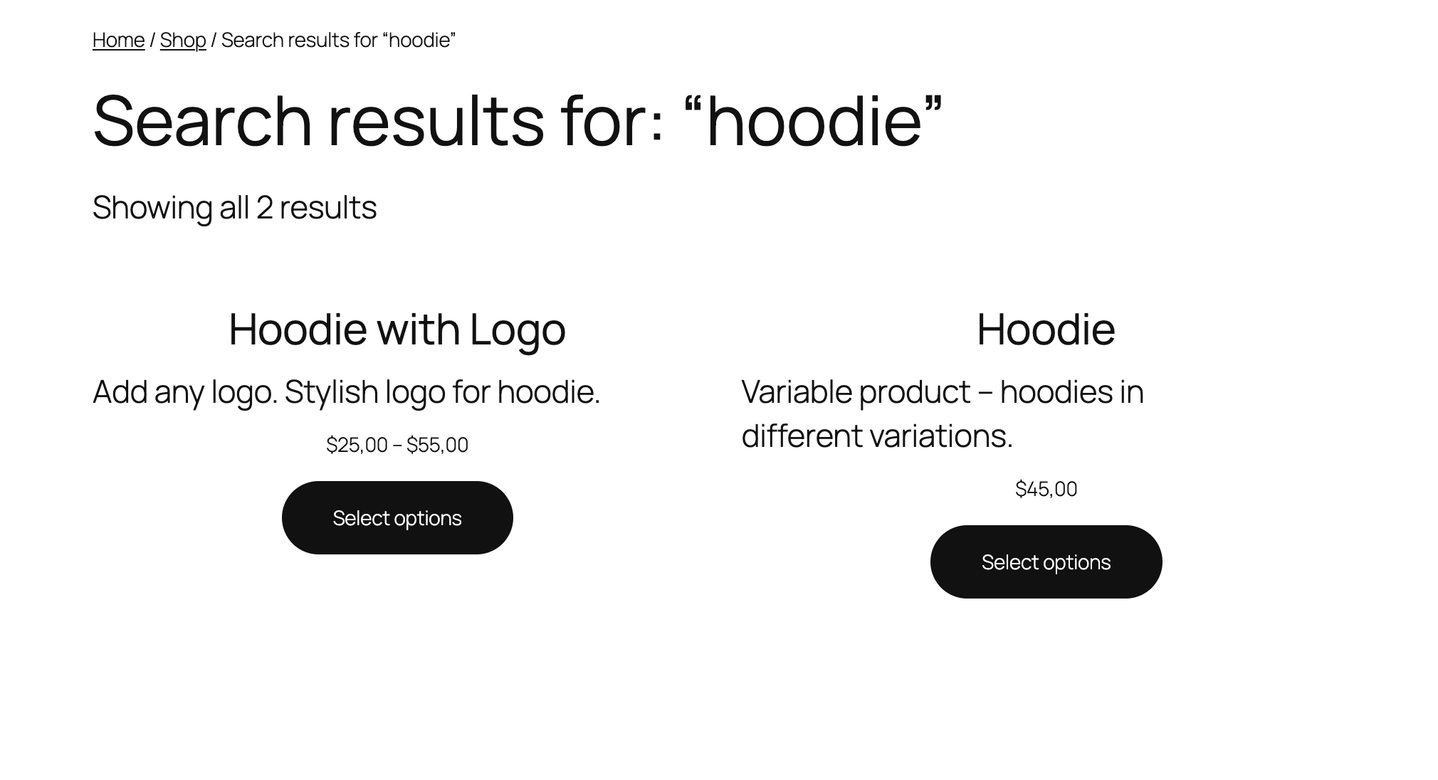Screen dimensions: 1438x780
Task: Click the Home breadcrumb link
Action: [x=118, y=40]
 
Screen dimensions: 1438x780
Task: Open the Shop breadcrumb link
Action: [x=183, y=40]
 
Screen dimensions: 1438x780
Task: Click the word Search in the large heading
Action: [x=202, y=121]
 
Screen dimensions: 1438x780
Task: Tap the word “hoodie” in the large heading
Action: [x=813, y=121]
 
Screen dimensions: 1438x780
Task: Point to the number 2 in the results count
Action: [x=264, y=208]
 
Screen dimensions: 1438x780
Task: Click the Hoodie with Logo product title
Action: [x=397, y=330]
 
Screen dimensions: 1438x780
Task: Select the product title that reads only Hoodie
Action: [x=1046, y=330]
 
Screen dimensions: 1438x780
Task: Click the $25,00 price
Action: [x=357, y=445]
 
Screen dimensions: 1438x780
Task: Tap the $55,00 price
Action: [x=437, y=445]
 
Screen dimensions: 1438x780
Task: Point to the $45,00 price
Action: [x=1046, y=489]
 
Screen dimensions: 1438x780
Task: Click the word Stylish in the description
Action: [x=331, y=392]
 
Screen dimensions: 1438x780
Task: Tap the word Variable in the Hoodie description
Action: [x=797, y=392]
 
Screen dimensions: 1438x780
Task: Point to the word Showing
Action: [x=152, y=208]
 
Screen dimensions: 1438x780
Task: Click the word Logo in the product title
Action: [x=518, y=330]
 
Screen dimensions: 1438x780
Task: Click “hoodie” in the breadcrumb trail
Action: [x=419, y=40]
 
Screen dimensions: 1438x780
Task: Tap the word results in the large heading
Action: [x=436, y=121]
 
